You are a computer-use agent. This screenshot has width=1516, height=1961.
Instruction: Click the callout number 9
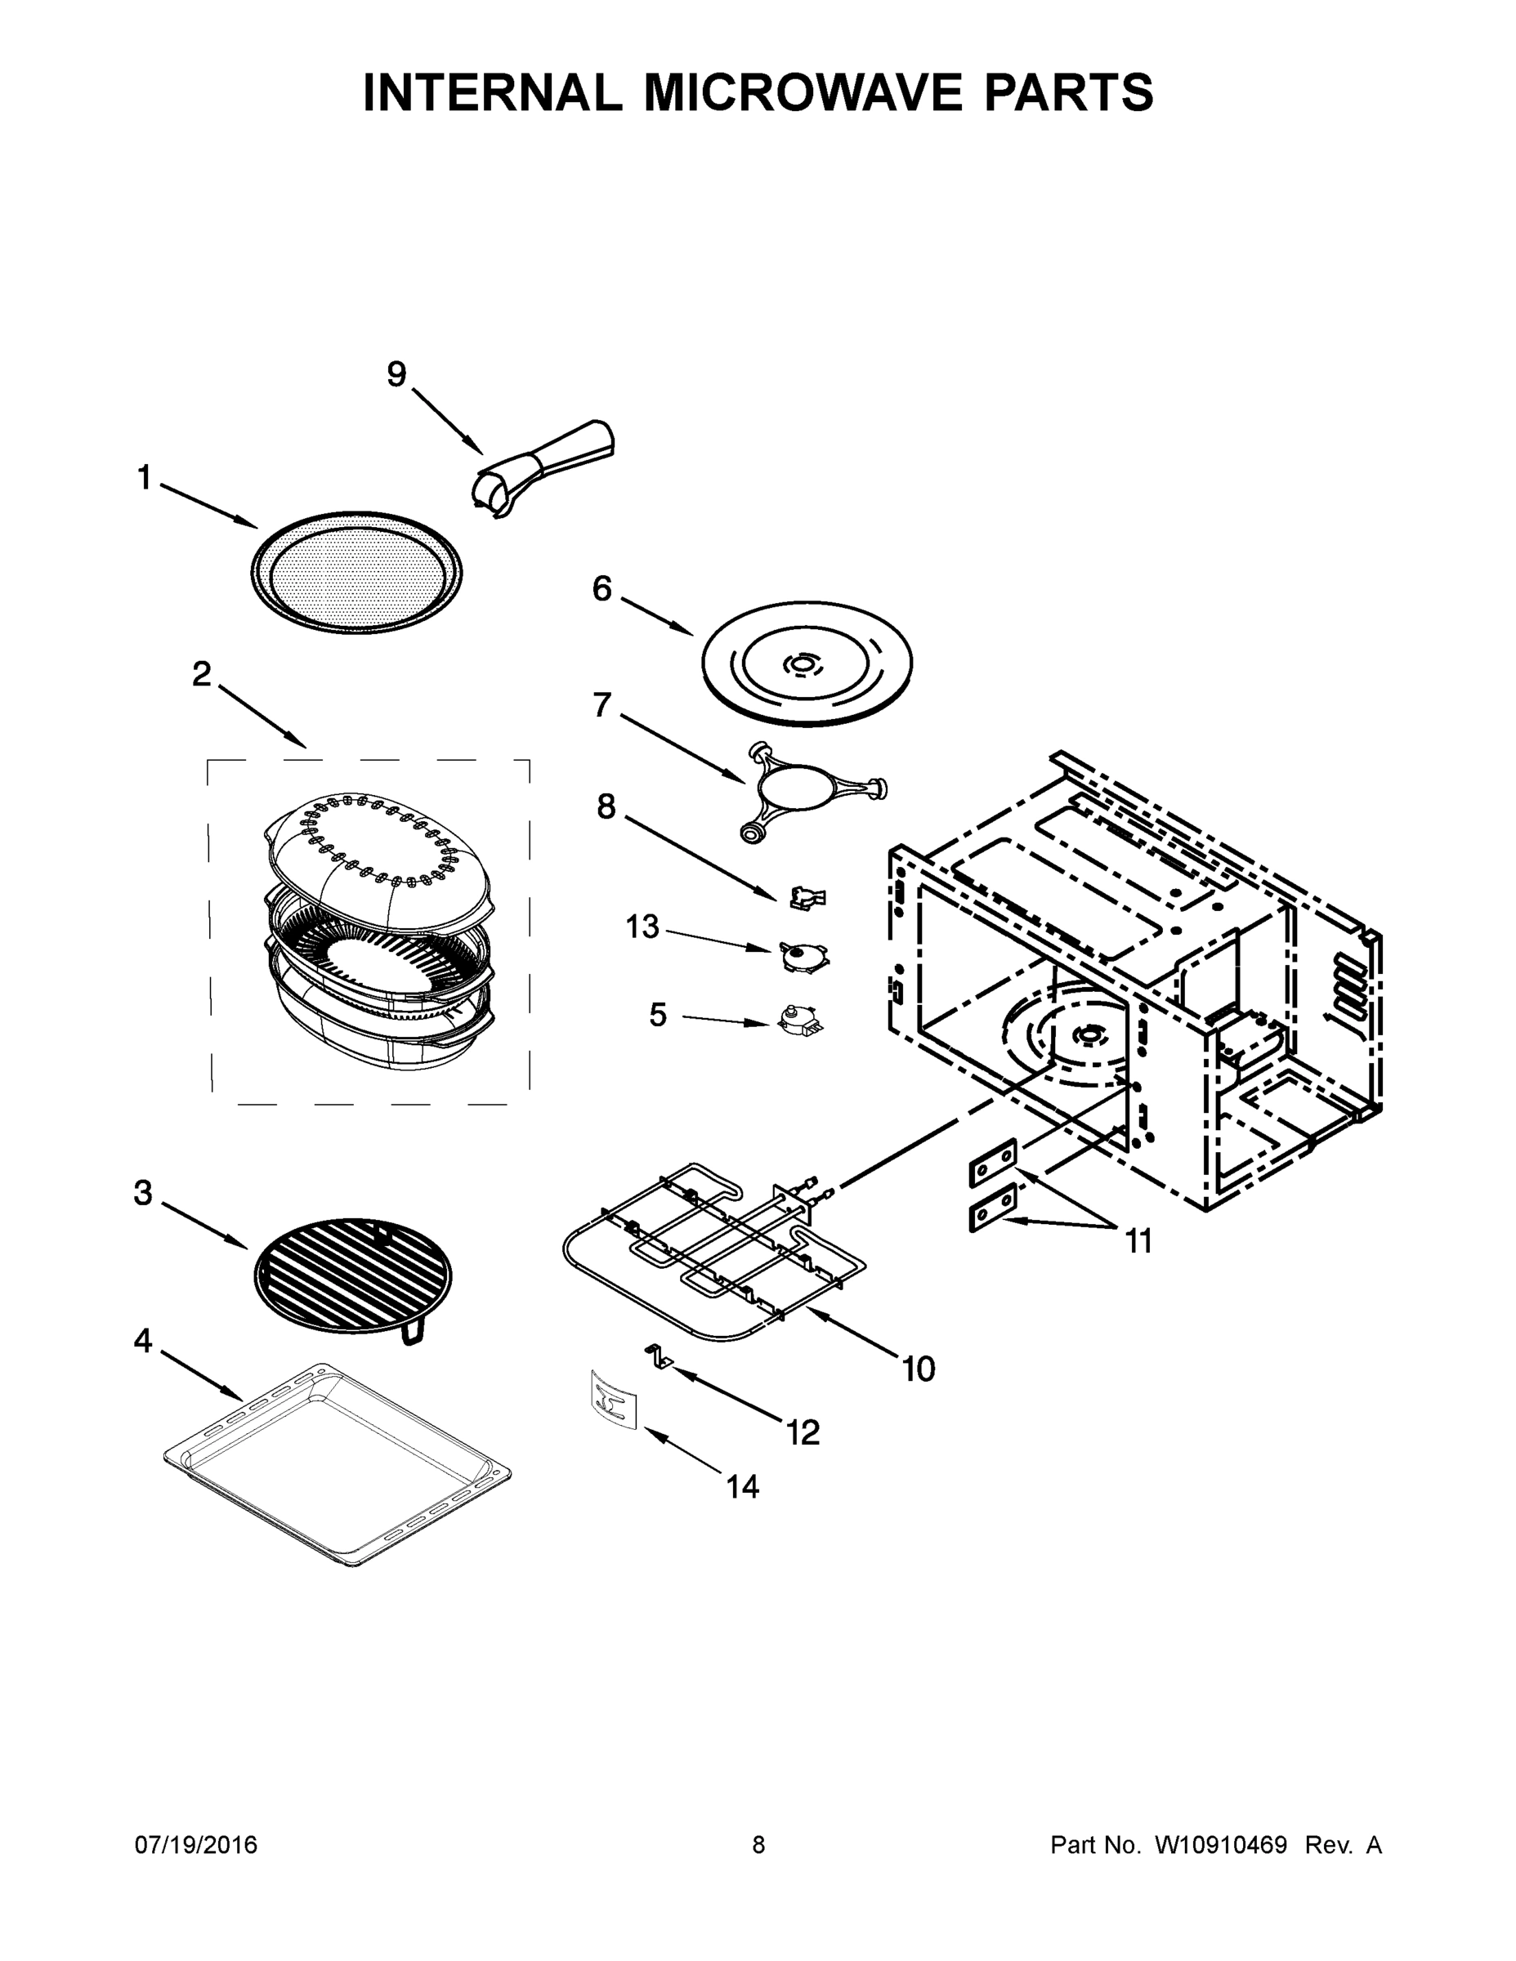point(396,374)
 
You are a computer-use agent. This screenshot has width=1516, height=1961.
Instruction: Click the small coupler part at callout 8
point(807,896)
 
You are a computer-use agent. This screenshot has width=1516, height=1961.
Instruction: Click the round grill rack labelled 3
point(353,1275)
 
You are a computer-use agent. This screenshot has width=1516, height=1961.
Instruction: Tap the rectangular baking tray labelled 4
point(338,1464)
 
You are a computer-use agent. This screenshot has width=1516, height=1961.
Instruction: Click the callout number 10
point(918,1369)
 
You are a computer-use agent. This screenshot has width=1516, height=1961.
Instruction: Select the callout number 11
point(1138,1241)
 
